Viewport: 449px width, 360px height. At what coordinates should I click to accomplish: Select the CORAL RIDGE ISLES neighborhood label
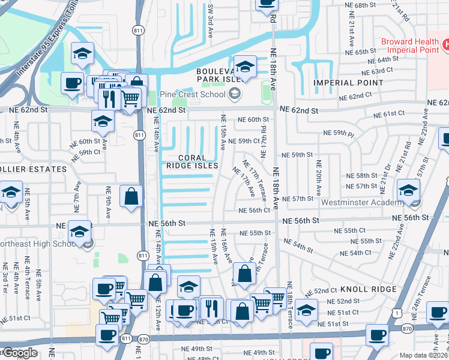coord(191,161)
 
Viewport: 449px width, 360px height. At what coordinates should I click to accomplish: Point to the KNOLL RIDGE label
coord(368,289)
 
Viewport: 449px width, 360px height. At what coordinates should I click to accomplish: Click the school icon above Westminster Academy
coord(408,191)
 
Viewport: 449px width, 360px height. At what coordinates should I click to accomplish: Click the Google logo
coord(19,353)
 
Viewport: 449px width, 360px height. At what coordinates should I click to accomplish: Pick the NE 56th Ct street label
coord(255,211)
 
